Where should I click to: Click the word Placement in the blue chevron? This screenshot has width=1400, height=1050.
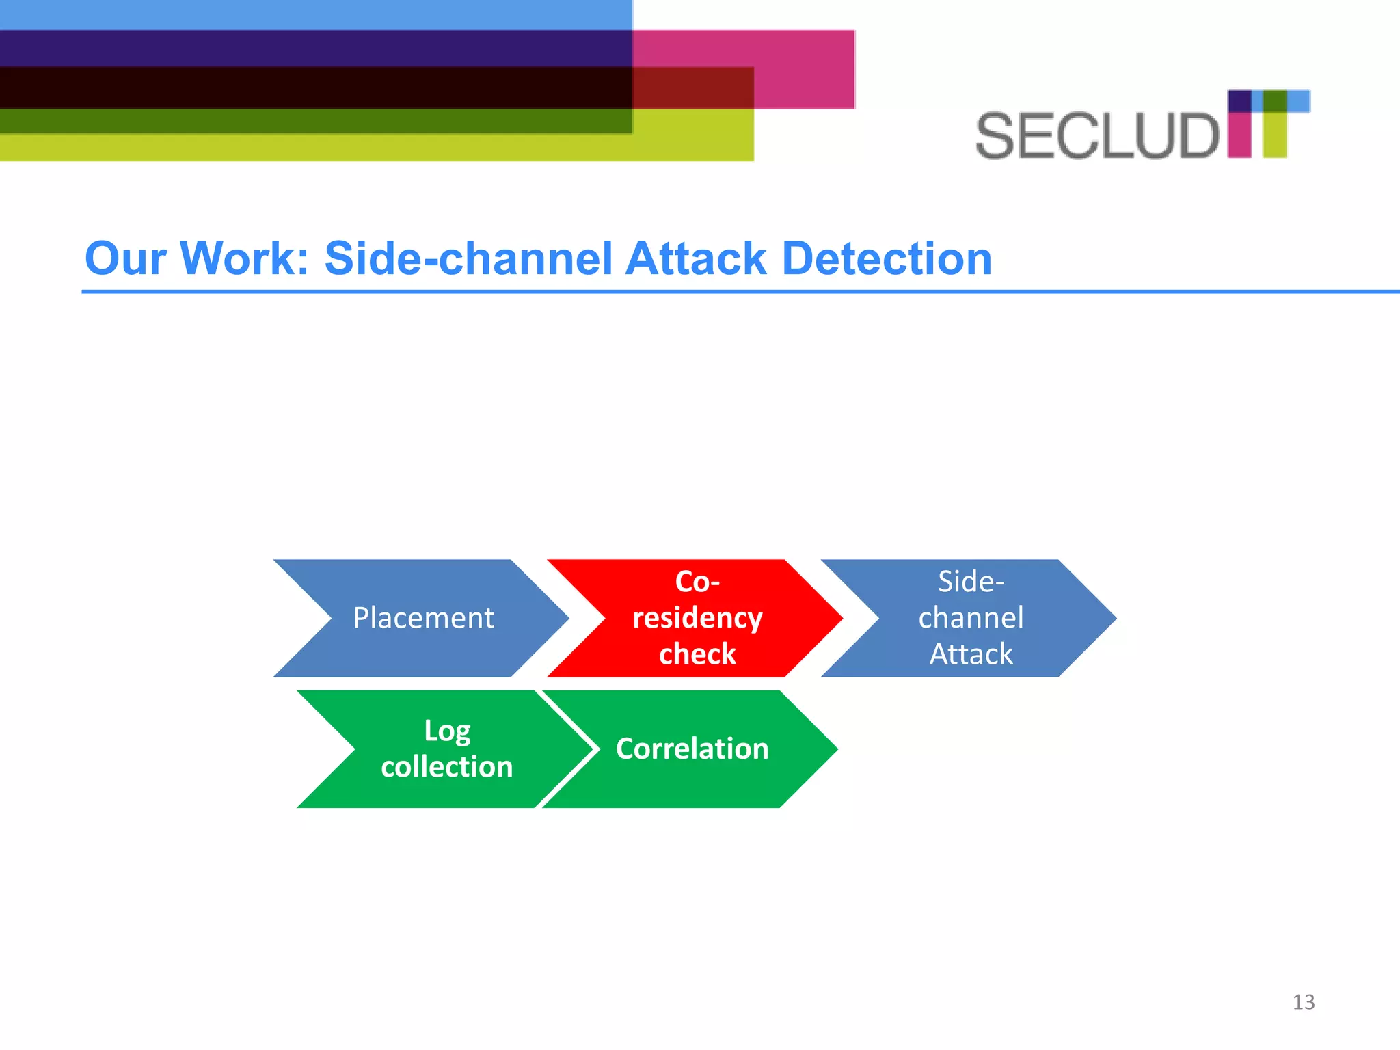[x=423, y=618]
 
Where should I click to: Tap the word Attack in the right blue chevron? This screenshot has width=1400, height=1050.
[x=971, y=654]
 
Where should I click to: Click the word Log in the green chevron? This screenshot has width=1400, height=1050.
[x=447, y=731]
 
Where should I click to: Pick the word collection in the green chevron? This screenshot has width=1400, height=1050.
[x=447, y=767]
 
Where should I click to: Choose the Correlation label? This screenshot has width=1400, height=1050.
[x=692, y=749]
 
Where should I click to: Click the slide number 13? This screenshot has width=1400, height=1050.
[x=1303, y=1002]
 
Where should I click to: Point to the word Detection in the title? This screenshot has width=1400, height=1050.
[x=887, y=258]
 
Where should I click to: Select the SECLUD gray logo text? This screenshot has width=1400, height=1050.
[x=1096, y=136]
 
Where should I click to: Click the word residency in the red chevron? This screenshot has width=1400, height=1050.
[x=697, y=618]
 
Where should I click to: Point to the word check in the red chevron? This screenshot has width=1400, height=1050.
[x=697, y=654]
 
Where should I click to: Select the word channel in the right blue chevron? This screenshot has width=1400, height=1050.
[x=971, y=618]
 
